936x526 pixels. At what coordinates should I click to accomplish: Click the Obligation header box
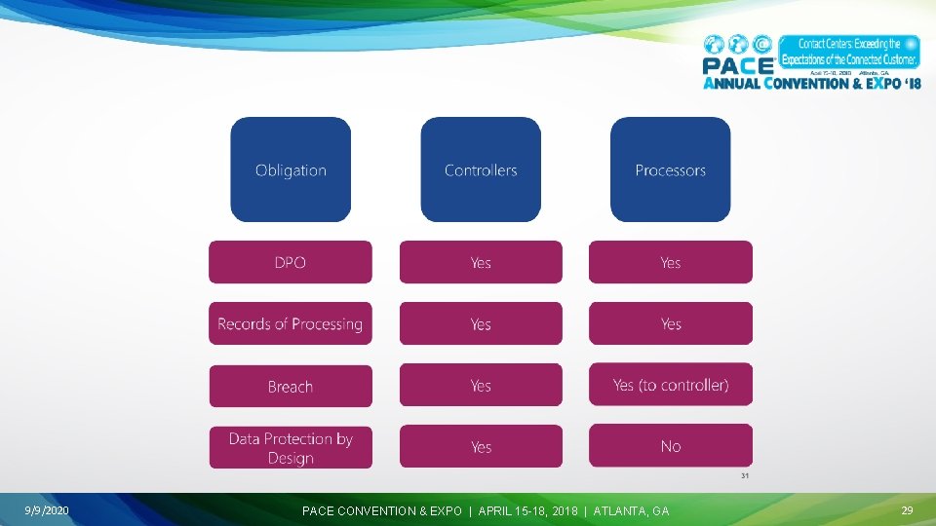291,169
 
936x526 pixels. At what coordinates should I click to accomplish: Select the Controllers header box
481,169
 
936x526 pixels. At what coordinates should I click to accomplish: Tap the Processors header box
670,169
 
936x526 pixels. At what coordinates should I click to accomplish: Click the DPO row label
291,262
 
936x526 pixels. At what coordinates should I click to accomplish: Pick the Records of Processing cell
291,323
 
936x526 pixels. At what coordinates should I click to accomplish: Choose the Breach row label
291,386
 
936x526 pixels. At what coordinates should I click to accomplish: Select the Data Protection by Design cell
291,447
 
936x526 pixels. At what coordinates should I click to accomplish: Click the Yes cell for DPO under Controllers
481,262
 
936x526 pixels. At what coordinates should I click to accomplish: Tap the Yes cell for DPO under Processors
670,262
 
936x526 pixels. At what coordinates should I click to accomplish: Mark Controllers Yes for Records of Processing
481,323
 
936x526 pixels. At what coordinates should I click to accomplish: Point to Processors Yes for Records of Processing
670,323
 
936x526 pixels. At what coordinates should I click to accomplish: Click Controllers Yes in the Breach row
481,385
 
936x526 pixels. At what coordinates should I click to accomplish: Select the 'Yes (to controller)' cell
670,385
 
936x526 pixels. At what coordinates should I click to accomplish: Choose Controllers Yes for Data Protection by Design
481,446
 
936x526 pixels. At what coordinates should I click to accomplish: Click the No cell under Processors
670,446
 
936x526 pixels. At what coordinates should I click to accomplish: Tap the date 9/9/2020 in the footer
47,510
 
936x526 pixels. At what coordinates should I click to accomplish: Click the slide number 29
907,510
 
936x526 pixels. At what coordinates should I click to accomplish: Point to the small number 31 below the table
744,476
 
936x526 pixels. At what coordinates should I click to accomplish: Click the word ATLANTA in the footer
616,510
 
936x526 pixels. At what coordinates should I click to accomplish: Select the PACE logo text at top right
738,65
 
